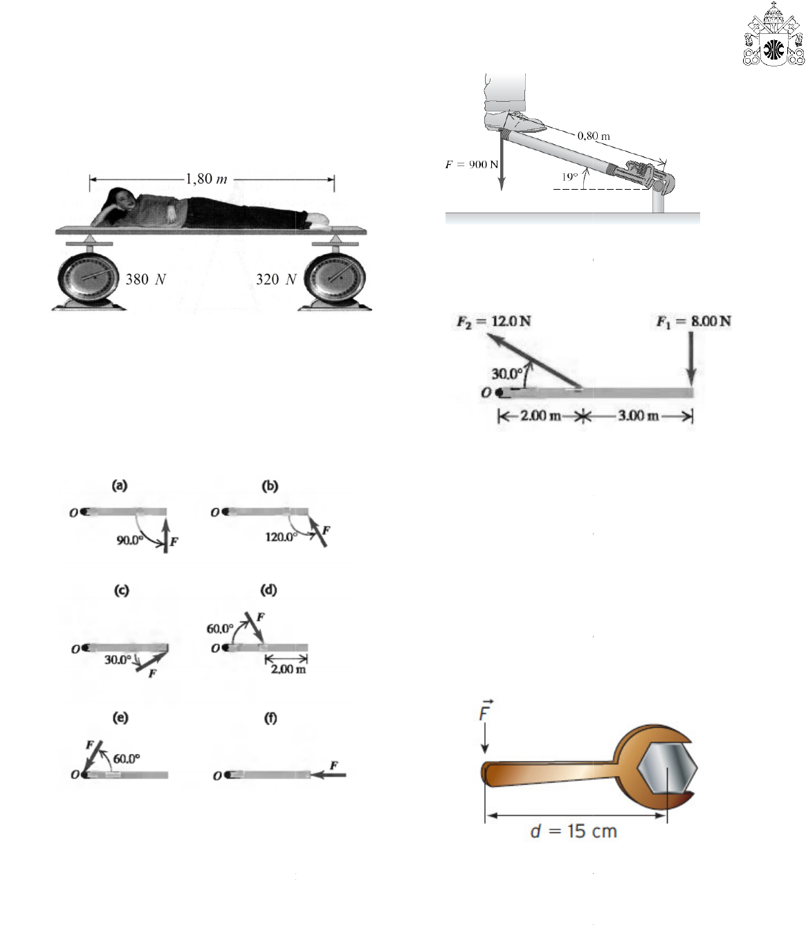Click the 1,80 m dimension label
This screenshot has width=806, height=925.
point(206,179)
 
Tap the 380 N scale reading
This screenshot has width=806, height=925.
point(145,280)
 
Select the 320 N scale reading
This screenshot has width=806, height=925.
point(276,280)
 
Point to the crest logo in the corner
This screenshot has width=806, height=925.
point(773,35)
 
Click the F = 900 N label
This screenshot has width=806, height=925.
point(472,164)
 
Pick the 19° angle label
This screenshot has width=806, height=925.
point(569,177)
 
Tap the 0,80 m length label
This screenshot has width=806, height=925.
point(594,136)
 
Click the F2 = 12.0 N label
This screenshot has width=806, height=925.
point(493,321)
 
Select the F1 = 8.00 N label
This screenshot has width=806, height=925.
point(693,321)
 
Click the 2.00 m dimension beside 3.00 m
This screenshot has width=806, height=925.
point(540,415)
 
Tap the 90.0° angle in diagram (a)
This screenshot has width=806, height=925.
point(129,540)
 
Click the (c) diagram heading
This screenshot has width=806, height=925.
point(121,591)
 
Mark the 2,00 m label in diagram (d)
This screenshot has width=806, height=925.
point(288,669)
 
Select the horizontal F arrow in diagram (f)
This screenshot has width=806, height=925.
point(329,775)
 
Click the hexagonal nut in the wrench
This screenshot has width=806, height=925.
point(668,769)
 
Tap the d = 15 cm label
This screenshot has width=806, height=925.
point(574,831)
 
